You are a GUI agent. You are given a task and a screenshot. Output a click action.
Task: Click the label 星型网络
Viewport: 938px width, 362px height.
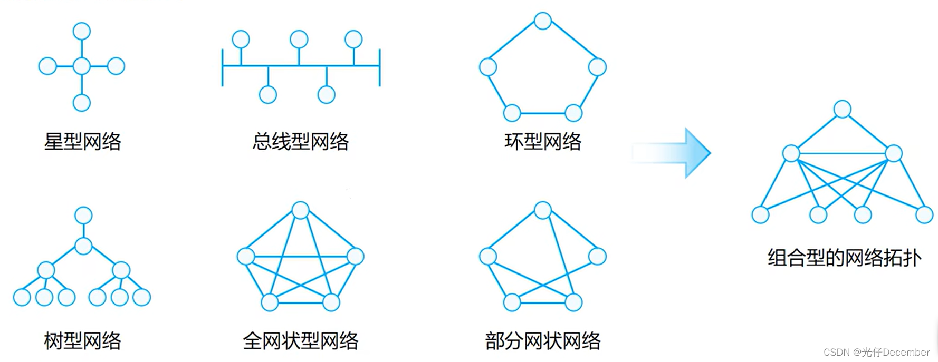[x=82, y=141]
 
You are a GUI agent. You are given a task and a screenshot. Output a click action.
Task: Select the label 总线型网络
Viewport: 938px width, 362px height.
[x=300, y=141]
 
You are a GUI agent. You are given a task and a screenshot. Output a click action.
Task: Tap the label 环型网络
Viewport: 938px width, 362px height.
[x=542, y=141]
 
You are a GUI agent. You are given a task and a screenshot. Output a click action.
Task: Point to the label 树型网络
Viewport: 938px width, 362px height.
[x=82, y=340]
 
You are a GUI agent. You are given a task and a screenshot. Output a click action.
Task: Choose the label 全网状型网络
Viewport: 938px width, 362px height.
[x=300, y=340]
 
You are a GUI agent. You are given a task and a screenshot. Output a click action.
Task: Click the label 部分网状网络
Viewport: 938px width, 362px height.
[x=542, y=340]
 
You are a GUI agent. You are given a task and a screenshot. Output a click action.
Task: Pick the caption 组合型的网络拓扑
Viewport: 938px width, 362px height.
[x=844, y=258]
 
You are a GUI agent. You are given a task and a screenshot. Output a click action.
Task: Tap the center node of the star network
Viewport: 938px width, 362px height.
[x=82, y=66]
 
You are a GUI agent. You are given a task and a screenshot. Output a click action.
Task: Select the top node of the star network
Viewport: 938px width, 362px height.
[x=82, y=31]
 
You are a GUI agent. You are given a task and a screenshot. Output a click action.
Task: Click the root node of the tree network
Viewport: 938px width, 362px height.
[x=83, y=215]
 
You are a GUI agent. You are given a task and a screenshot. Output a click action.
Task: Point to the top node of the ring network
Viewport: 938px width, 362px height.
[x=543, y=21]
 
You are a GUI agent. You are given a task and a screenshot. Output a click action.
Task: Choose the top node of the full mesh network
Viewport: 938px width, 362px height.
[x=300, y=210]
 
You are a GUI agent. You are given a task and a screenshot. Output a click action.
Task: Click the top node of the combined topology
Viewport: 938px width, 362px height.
[x=842, y=109]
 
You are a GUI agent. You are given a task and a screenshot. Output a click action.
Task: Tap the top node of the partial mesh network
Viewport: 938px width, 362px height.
[x=543, y=210]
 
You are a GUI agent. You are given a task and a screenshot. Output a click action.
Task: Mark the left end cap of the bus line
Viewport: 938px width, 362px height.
[x=223, y=67]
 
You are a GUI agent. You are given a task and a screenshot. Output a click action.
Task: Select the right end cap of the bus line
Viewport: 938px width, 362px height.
[x=380, y=67]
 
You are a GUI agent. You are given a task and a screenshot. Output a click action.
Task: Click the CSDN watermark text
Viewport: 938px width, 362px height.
[x=876, y=352]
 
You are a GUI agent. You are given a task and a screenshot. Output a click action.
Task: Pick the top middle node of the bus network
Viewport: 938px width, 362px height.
[x=299, y=40]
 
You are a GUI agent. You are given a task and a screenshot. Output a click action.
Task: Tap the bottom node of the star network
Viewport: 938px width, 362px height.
[x=82, y=103]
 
